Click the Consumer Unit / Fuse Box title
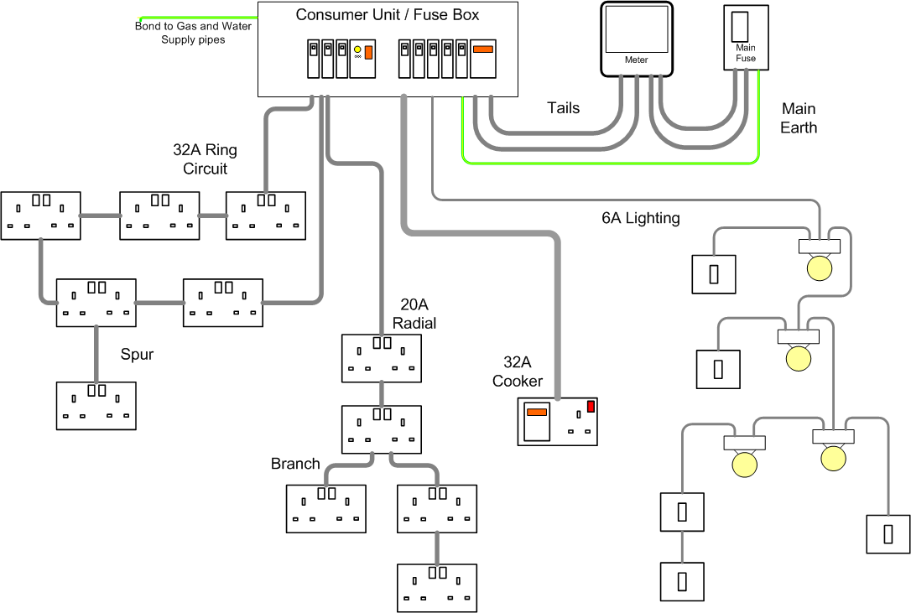point(388,15)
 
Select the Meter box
point(637,38)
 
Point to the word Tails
point(563,108)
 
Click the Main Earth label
point(798,118)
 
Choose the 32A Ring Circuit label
point(205,159)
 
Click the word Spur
point(137,355)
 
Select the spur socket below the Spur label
point(96,406)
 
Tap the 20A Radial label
point(414,314)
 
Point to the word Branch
point(295,464)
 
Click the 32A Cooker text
point(518,371)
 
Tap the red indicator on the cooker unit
point(591,407)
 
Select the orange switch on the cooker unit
point(536,412)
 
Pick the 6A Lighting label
point(640,218)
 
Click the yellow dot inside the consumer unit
point(358,51)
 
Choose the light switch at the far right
point(888,533)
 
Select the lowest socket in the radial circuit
point(436,587)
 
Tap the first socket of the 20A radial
point(382,357)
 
